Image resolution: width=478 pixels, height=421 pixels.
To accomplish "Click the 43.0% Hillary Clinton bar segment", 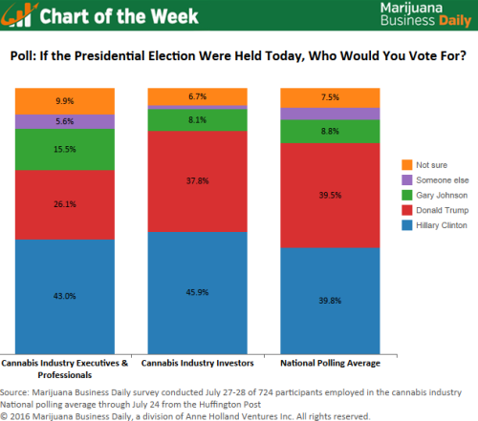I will (x=64, y=296).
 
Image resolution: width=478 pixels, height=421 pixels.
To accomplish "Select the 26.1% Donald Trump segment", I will (x=64, y=204).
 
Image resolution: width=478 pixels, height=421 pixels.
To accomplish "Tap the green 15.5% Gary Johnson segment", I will (x=64, y=149).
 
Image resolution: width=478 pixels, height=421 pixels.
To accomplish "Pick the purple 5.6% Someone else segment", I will (x=64, y=121).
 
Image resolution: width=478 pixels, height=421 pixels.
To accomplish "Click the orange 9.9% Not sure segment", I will (x=64, y=100).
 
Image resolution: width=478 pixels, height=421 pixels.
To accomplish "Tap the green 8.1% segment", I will (x=196, y=120).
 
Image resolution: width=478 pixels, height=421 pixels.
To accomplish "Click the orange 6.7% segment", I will (x=196, y=95).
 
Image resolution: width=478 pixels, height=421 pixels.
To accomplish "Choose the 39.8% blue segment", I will (x=328, y=301).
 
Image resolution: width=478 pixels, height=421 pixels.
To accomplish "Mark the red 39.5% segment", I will (x=328, y=195).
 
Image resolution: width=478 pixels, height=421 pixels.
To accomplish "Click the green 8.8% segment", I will (x=328, y=131).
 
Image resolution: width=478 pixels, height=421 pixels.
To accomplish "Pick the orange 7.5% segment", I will (x=328, y=96).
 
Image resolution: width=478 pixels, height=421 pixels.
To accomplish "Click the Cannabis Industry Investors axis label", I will (x=196, y=363).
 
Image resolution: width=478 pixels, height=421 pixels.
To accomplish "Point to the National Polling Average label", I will (x=328, y=363).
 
